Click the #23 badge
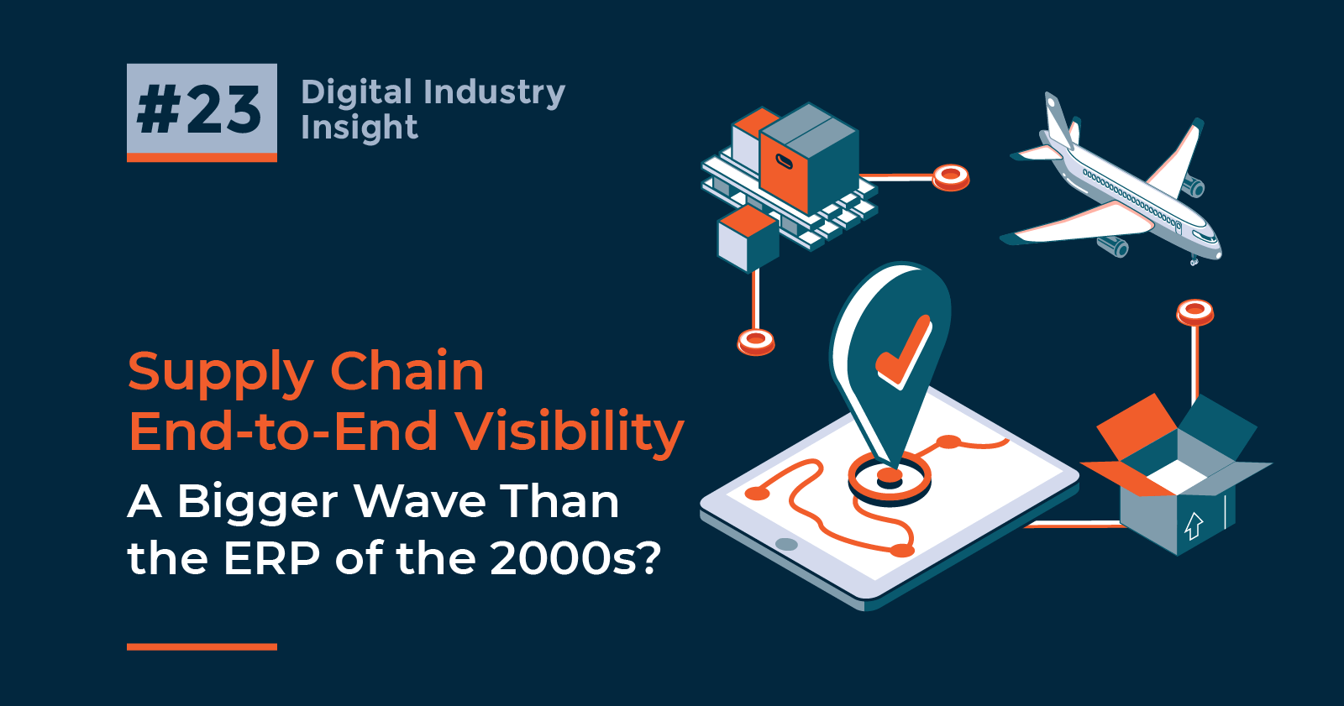pyautogui.click(x=202, y=111)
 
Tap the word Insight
pyautogui.click(x=359, y=128)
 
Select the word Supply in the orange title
pyautogui.click(x=220, y=372)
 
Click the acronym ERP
pyautogui.click(x=271, y=557)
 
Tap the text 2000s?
pyautogui.click(x=575, y=557)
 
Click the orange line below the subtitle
pyautogui.click(x=202, y=646)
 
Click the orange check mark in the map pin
pyautogui.click(x=904, y=353)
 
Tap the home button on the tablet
pyautogui.click(x=786, y=544)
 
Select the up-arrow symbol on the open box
pyautogui.click(x=1194, y=526)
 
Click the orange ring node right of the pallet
pyautogui.click(x=951, y=176)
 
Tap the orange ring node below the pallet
pyautogui.click(x=755, y=341)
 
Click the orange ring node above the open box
pyautogui.click(x=1194, y=311)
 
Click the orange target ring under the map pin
pyautogui.click(x=890, y=480)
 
